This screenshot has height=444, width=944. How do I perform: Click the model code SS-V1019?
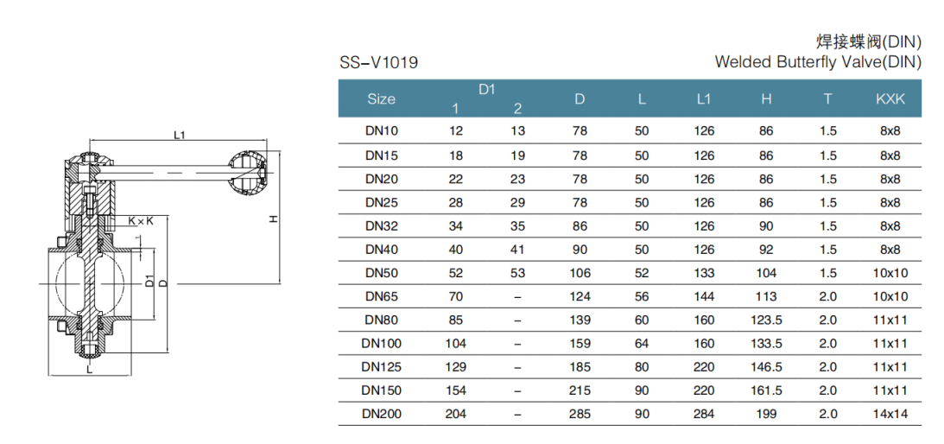(x=378, y=63)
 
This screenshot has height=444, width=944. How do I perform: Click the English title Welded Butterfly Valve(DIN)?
(x=818, y=62)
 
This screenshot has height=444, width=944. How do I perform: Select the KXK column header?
(x=890, y=99)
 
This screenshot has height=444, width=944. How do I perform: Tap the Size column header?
(x=381, y=99)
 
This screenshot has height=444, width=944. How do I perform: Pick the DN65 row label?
(x=382, y=296)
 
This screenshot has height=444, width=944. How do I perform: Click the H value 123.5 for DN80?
(x=766, y=320)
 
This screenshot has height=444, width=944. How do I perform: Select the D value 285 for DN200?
(x=580, y=414)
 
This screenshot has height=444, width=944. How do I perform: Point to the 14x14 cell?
(x=890, y=414)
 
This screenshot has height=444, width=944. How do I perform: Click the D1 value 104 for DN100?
(x=456, y=344)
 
